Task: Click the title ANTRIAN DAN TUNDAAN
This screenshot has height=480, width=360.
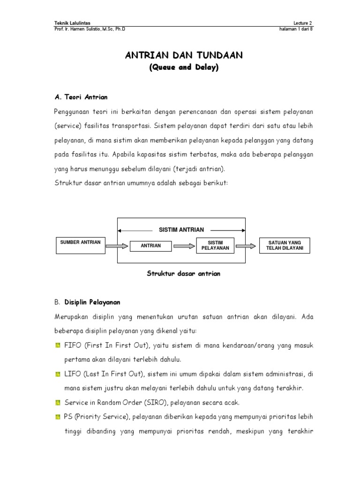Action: pyautogui.click(x=184, y=56)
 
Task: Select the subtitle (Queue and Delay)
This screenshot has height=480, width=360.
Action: pyautogui.click(x=184, y=68)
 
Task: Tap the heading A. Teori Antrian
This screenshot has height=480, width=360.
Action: pyautogui.click(x=81, y=97)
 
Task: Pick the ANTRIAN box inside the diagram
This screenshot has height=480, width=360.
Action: pyautogui.click(x=150, y=246)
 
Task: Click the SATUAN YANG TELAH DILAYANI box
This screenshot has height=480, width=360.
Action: pyautogui.click(x=285, y=245)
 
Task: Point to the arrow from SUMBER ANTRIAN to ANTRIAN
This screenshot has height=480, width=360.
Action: pyautogui.click(x=117, y=245)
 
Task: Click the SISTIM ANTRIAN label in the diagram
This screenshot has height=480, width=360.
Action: pyautogui.click(x=181, y=230)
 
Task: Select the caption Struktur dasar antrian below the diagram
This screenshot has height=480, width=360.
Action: pyautogui.click(x=183, y=274)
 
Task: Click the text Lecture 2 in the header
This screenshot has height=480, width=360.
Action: pyautogui.click(x=302, y=23)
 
